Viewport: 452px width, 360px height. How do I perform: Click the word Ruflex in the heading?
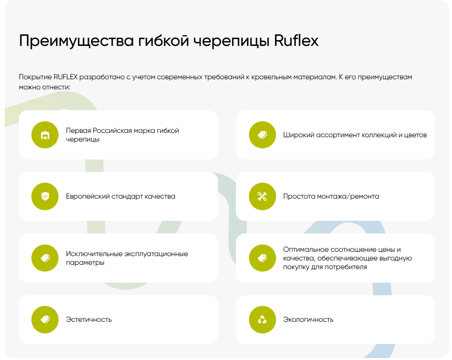(x=296, y=41)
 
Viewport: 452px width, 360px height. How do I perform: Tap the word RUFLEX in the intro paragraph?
(x=65, y=77)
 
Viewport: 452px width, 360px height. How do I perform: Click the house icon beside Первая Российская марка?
(x=45, y=135)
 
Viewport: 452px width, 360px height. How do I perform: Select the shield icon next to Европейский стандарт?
(x=45, y=196)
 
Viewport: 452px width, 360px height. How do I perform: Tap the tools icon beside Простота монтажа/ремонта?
(x=262, y=196)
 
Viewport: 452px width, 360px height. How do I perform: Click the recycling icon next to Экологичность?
(x=262, y=319)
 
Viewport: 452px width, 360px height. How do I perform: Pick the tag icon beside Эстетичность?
(x=45, y=319)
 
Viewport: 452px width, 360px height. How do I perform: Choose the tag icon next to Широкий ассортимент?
(x=262, y=135)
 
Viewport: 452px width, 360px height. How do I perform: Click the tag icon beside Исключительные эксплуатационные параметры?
(x=45, y=258)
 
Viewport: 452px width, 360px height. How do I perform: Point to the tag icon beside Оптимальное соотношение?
(x=262, y=258)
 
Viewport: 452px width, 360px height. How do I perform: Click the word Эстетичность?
(x=89, y=319)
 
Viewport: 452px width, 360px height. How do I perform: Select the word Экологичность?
(x=308, y=319)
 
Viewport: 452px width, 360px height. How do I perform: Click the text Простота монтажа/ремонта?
(x=331, y=196)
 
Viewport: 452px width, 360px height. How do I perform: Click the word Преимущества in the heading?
(x=76, y=41)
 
